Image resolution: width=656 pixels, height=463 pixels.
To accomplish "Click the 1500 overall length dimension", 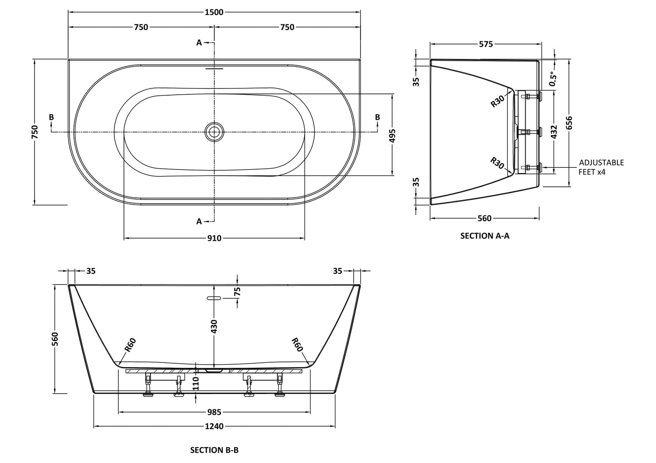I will pyautogui.click(x=214, y=12).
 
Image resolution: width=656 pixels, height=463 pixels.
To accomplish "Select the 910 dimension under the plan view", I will pyautogui.click(x=214, y=238).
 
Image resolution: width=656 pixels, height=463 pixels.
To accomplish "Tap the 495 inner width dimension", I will pyautogui.click(x=393, y=135).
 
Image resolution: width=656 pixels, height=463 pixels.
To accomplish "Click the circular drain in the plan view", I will pyautogui.click(x=214, y=132).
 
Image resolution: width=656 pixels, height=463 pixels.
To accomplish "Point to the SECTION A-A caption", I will pyautogui.click(x=485, y=236).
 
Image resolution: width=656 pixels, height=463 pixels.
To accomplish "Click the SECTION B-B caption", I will pyautogui.click(x=214, y=450).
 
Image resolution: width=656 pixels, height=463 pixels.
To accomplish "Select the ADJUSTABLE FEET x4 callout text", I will pyautogui.click(x=601, y=167).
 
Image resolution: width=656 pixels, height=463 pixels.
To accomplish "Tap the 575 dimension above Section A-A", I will pyautogui.click(x=486, y=44).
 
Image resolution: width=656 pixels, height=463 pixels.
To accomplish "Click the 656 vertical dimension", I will pyautogui.click(x=569, y=123).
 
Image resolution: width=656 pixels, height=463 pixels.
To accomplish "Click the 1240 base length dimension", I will pyautogui.click(x=214, y=426).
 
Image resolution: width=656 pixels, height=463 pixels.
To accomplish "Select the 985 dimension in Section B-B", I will pyautogui.click(x=214, y=412).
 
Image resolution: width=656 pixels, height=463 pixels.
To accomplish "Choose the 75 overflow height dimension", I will pyautogui.click(x=237, y=292).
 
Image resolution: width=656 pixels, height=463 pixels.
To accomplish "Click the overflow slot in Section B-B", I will pyautogui.click(x=213, y=298).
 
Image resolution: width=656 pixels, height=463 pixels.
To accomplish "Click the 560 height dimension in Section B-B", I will pyautogui.click(x=54, y=339).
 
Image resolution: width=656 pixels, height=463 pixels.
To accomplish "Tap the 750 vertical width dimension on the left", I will pyautogui.click(x=35, y=132).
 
